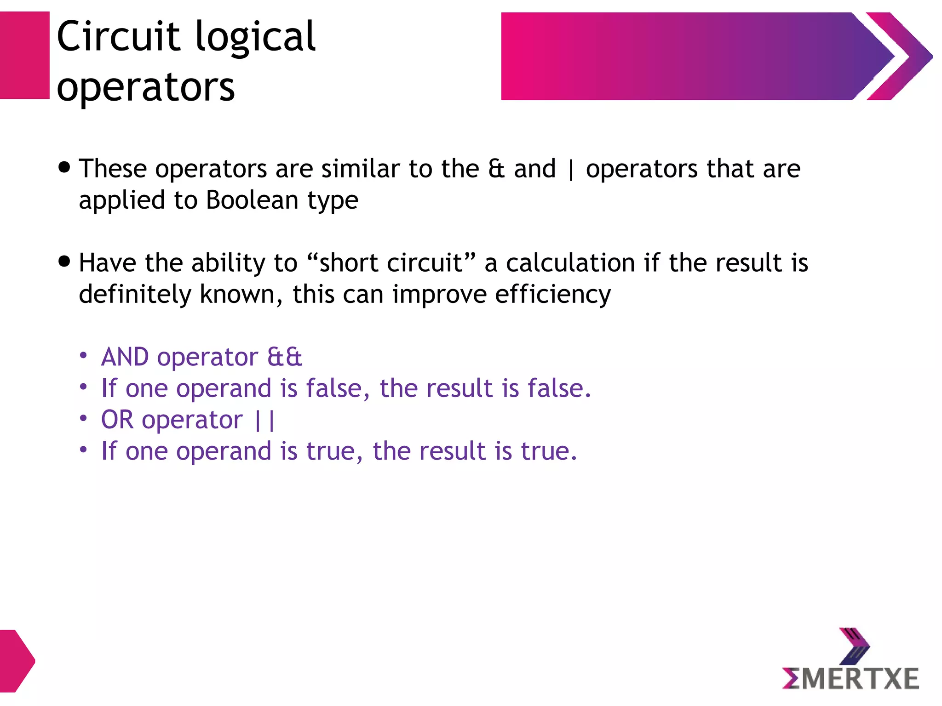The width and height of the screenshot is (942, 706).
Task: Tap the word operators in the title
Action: [x=146, y=87]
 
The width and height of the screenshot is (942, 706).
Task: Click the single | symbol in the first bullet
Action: [x=571, y=169]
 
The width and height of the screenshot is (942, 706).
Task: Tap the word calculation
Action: [x=570, y=263]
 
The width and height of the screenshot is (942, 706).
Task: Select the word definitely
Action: [x=135, y=295]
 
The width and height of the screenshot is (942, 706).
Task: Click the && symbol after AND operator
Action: [x=285, y=357]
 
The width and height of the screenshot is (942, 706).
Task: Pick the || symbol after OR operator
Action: [x=265, y=420]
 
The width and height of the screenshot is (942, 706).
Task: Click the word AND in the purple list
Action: [x=125, y=357]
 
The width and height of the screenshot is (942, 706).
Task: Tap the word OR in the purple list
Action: [x=117, y=420]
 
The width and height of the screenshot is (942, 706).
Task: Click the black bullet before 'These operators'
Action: [x=65, y=167]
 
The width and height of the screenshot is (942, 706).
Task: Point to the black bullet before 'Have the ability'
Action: [x=65, y=262]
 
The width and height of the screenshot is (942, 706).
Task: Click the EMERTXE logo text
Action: [x=850, y=678]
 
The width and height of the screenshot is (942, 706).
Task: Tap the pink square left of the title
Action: [x=24, y=55]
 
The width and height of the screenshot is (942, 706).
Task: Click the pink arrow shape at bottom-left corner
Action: [x=16, y=661]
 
